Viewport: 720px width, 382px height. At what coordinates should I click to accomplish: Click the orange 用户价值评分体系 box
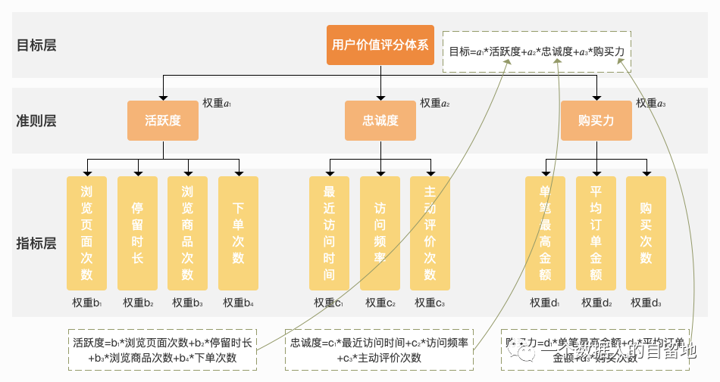point(380,45)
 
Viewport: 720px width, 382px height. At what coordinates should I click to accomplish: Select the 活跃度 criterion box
point(163,120)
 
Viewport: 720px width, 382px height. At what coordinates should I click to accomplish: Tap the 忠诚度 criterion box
point(380,120)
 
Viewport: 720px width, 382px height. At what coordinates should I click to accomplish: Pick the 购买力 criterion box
point(596,120)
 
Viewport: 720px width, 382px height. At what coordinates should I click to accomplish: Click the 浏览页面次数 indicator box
point(86,233)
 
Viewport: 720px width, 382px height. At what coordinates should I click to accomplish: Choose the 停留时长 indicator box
point(137,233)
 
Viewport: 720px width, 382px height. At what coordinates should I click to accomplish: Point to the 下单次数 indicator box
point(238,233)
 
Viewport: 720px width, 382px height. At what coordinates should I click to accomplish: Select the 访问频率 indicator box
point(380,233)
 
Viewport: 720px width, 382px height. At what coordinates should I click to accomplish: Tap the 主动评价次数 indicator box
point(430,233)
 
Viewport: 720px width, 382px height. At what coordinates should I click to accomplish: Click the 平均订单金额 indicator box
point(596,233)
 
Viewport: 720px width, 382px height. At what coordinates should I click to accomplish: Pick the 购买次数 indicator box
point(646,233)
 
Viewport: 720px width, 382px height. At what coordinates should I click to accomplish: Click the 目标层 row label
point(36,45)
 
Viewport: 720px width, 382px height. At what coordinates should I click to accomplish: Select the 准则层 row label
point(36,120)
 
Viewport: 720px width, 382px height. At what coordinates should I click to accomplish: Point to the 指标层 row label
point(36,243)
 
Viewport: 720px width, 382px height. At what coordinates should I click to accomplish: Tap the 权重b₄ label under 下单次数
point(238,303)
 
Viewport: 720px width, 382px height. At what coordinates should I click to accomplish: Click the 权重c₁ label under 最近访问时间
point(329,303)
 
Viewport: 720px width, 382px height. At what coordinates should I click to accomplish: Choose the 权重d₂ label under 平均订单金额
point(596,303)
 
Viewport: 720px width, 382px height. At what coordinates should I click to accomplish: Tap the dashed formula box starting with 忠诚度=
point(379,349)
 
